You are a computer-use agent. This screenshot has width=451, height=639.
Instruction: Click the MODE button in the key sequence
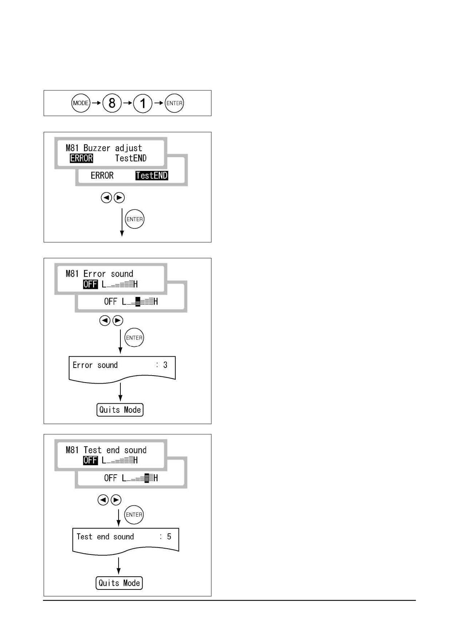(81, 103)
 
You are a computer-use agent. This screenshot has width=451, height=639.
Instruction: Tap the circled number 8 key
(112, 103)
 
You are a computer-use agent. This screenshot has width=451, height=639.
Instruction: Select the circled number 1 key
(143, 103)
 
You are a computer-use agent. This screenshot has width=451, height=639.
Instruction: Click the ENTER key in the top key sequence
(174, 103)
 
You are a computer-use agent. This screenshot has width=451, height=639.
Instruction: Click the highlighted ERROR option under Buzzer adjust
(81, 158)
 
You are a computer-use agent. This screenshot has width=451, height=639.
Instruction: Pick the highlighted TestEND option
(152, 176)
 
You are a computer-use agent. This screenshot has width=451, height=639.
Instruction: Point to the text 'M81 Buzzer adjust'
(104, 148)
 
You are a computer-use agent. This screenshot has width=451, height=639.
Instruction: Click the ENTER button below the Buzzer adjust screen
(135, 219)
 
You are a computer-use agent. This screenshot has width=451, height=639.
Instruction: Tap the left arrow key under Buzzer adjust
(106, 197)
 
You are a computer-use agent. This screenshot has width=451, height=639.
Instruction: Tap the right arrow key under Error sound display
(118, 321)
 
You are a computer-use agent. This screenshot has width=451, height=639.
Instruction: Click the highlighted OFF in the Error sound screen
(91, 284)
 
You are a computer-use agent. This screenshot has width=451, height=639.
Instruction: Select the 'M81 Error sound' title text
(99, 274)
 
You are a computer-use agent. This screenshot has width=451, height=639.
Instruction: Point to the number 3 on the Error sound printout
(165, 365)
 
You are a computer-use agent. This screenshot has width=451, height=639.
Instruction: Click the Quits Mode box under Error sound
(120, 410)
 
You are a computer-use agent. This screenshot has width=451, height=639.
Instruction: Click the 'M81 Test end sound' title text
(106, 450)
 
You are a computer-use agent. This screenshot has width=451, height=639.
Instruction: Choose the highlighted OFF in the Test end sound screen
(91, 460)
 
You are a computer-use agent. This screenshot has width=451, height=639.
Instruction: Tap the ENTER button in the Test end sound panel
(134, 515)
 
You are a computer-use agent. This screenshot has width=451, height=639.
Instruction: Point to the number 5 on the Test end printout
(169, 537)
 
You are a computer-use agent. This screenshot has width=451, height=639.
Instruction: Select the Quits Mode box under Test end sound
(119, 583)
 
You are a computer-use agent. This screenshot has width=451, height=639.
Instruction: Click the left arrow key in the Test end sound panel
(103, 500)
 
